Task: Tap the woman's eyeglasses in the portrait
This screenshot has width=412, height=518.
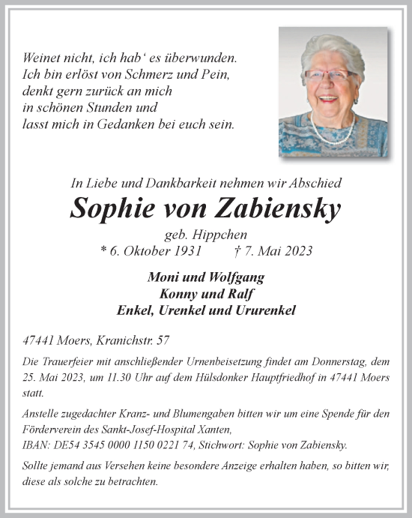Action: (x=330, y=76)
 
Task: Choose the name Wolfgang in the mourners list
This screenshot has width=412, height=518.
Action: (x=238, y=277)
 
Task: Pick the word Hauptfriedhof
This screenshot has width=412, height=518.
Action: (x=261, y=379)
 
